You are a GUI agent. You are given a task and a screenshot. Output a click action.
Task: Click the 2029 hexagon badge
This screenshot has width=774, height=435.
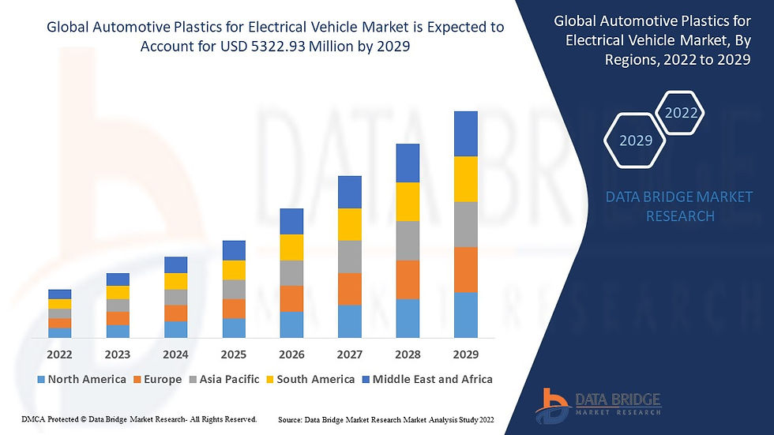coord(636,141)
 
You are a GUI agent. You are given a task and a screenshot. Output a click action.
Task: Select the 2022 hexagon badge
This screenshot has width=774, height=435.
coord(681,113)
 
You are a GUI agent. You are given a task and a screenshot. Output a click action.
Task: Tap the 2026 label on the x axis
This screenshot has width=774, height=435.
coord(291,354)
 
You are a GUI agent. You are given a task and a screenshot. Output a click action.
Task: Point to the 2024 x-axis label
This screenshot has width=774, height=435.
coord(175,354)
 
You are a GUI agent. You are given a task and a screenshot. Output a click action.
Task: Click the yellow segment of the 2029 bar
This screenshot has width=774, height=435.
coord(465,179)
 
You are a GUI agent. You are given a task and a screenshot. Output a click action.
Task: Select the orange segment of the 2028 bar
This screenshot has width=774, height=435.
coord(408,279)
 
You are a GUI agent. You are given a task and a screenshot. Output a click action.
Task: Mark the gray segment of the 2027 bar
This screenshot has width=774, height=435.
coord(349,257)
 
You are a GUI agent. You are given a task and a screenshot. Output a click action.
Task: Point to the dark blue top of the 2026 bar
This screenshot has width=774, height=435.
coord(291,221)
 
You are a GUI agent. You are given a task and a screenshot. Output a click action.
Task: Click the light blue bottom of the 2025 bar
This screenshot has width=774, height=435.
coord(234,328)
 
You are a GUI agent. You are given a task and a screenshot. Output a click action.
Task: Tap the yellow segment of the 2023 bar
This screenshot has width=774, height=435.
coord(118,292)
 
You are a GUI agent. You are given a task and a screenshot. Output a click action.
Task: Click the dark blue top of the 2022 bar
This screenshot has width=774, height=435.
coord(59,294)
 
